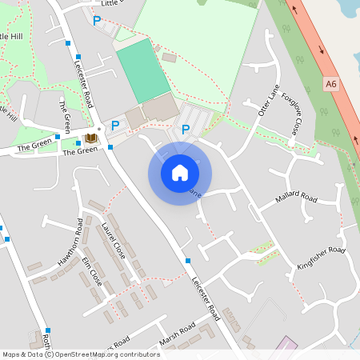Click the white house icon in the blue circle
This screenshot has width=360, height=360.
pyautogui.click(x=180, y=173)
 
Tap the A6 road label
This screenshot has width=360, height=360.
pyautogui.click(x=331, y=82)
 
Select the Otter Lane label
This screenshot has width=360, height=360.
pyautogui.click(x=267, y=105)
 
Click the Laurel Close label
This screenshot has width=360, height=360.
pyautogui.click(x=114, y=241)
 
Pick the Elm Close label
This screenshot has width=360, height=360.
pyautogui.click(x=92, y=272)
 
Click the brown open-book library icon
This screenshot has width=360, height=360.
pyautogui.click(x=90, y=138)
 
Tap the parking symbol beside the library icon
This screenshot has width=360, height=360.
pyautogui.click(x=115, y=125)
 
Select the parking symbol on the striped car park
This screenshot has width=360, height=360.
pyautogui.click(x=186, y=129)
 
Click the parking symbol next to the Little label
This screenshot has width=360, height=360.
pyautogui.click(x=98, y=21)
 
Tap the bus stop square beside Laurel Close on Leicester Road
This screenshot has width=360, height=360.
pyautogui.click(x=187, y=261)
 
